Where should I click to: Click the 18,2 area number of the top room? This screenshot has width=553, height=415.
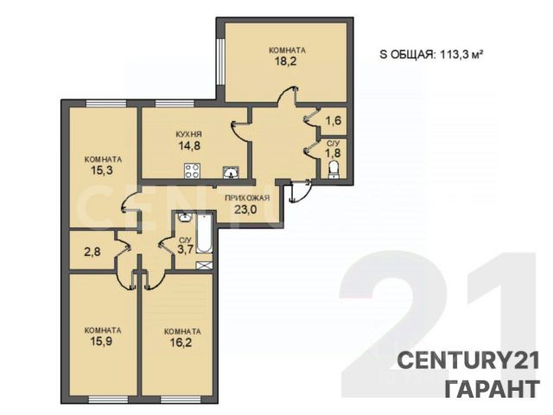tap(285, 61)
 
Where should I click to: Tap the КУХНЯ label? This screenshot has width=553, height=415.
tap(188, 134)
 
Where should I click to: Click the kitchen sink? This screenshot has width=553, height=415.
tap(231, 173)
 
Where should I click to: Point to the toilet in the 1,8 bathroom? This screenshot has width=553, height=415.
tap(334, 169)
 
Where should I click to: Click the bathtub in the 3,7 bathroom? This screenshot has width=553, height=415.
tap(205, 233)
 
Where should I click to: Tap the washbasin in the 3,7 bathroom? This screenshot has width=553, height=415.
tap(184, 217)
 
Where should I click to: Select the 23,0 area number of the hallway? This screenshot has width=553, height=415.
tap(245, 209)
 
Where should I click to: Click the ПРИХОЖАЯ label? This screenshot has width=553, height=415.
tap(247, 198)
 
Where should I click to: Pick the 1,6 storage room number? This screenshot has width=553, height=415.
tap(334, 121)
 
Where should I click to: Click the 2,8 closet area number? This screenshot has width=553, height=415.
tap(92, 252)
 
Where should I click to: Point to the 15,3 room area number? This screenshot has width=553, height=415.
tap(102, 171)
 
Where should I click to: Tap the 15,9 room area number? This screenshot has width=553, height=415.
tap(102, 342)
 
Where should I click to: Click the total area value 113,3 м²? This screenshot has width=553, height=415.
tap(461, 54)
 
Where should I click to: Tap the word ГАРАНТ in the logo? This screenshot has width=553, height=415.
tap(493, 388)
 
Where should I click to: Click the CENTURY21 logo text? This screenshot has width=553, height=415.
tap(468, 361)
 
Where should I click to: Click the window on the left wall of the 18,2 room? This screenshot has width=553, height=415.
tap(221, 61)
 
